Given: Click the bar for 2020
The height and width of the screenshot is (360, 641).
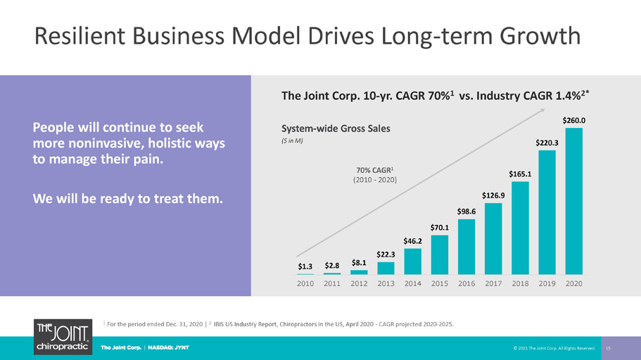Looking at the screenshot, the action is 574,201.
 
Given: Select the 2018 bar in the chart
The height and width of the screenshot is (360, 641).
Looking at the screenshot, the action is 520,228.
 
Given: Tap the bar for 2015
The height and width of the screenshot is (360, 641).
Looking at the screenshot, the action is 440,255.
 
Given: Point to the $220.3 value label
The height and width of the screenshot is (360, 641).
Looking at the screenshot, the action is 547,143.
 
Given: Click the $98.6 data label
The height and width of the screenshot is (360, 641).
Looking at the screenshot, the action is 467,211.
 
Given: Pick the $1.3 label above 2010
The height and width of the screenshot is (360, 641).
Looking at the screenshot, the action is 305,266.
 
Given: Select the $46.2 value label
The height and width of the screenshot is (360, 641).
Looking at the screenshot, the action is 412,241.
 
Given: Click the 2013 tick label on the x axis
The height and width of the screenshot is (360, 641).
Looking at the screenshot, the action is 386,283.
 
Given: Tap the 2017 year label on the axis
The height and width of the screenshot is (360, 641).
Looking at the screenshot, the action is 493,283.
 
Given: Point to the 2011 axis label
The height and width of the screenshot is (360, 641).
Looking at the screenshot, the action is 332,283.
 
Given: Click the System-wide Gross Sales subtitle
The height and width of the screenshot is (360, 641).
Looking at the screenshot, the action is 336,128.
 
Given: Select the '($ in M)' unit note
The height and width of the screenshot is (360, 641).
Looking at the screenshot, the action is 292,141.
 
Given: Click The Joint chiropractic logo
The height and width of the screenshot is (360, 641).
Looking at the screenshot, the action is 63,337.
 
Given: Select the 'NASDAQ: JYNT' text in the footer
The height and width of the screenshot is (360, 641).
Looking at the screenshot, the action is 168,348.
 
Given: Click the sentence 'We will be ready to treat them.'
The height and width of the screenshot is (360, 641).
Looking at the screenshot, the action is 127,198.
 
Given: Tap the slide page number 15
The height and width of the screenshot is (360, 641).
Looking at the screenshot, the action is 609,348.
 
